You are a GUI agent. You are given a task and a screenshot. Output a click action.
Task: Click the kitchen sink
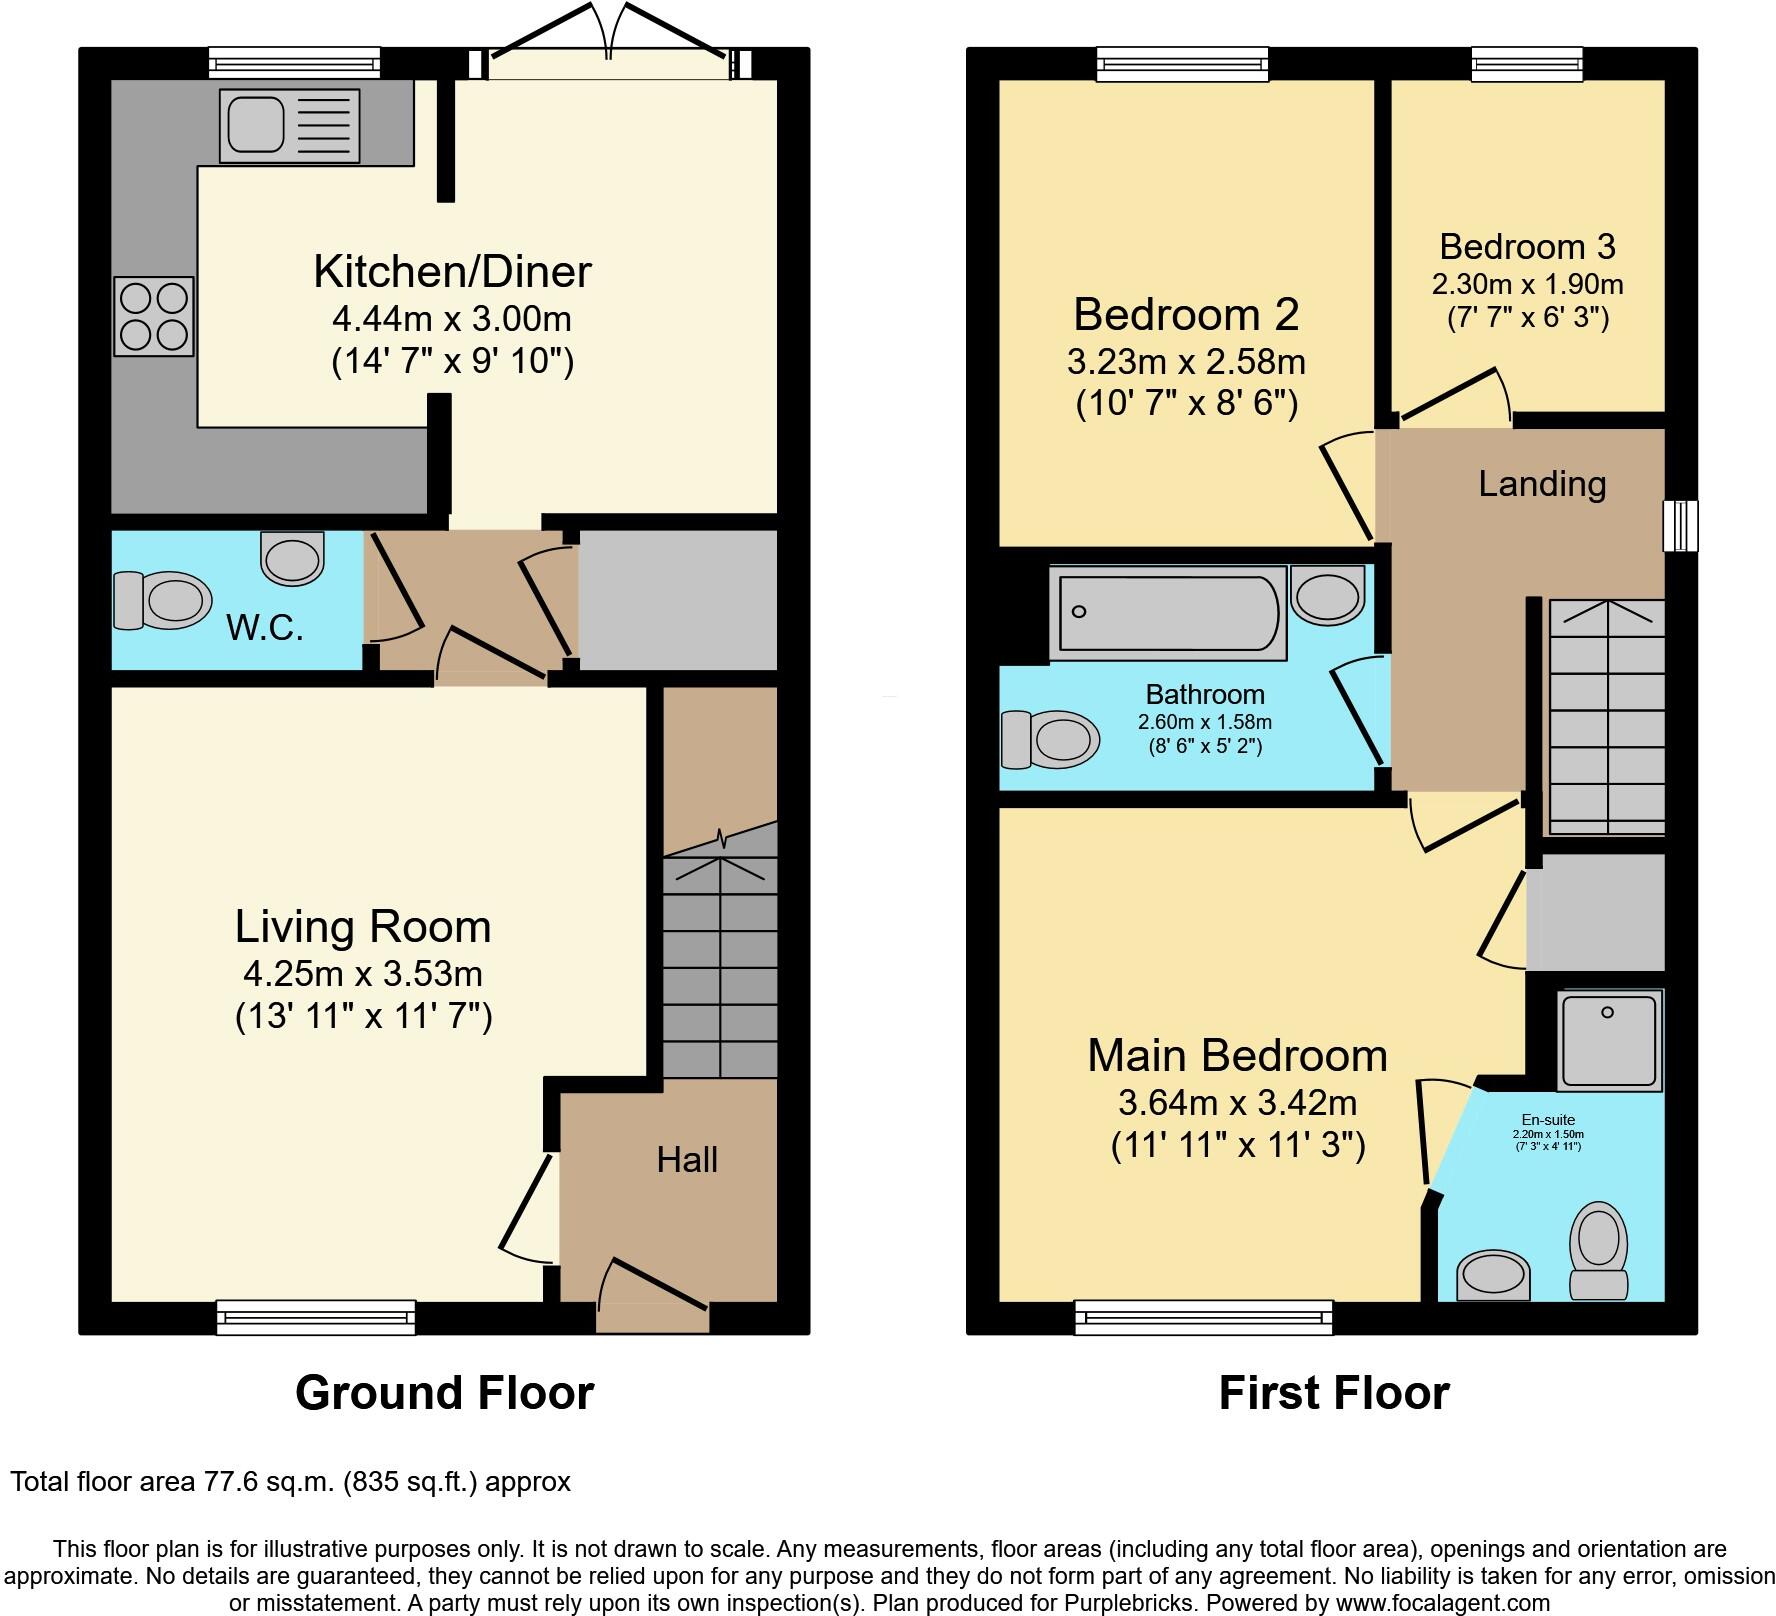(289, 126)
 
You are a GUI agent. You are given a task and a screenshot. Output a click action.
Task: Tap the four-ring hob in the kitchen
(154, 317)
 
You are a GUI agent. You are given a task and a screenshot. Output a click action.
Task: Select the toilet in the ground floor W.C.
(163, 600)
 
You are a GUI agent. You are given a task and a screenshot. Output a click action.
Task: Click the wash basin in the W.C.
(293, 558)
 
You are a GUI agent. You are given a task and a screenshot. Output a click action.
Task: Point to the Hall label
(687, 1160)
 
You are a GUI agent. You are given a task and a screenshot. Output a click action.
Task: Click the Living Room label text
(363, 927)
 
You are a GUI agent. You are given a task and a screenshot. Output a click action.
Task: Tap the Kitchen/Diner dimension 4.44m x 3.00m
(452, 319)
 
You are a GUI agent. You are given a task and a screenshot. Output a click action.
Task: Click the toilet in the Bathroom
(1050, 740)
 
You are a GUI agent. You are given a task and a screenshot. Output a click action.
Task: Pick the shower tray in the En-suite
(1607, 1040)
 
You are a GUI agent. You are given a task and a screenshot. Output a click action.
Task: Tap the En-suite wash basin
(1493, 1276)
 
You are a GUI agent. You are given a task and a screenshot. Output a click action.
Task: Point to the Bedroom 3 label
(1527, 247)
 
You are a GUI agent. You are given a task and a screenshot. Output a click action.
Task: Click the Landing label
(1542, 484)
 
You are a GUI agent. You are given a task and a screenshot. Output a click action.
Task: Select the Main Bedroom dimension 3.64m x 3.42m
(1237, 1103)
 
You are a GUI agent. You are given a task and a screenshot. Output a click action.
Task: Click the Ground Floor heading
(444, 1393)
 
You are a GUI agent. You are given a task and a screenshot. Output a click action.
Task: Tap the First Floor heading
(1333, 1393)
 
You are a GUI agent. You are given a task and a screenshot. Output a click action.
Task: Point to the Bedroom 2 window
(1182, 65)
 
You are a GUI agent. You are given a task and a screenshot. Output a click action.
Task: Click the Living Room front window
(316, 1317)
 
